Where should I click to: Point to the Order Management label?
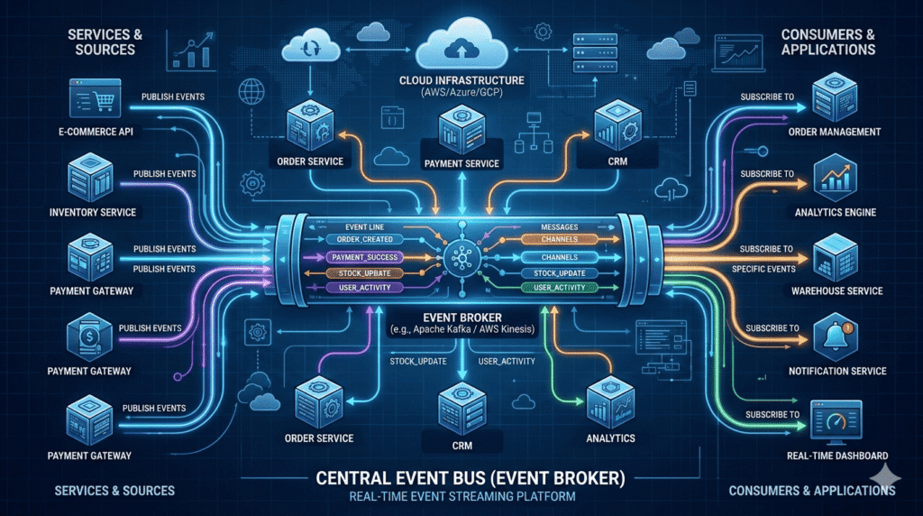click(833, 132)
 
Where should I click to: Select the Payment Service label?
click(462, 163)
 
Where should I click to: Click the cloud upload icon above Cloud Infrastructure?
click(461, 41)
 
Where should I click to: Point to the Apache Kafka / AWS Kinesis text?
click(462, 330)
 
